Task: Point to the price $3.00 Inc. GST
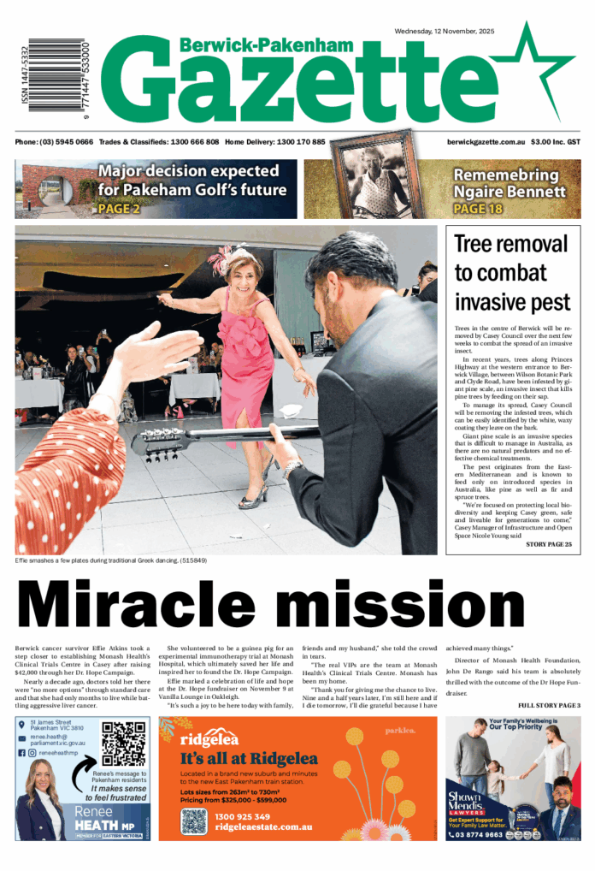(x=555, y=141)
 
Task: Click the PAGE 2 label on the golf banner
(x=119, y=208)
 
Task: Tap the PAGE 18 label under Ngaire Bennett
(x=478, y=208)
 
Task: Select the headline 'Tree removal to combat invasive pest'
(x=511, y=272)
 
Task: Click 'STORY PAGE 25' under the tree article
(x=548, y=544)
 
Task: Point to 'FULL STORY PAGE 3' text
(x=548, y=705)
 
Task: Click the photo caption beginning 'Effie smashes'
(x=111, y=560)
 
